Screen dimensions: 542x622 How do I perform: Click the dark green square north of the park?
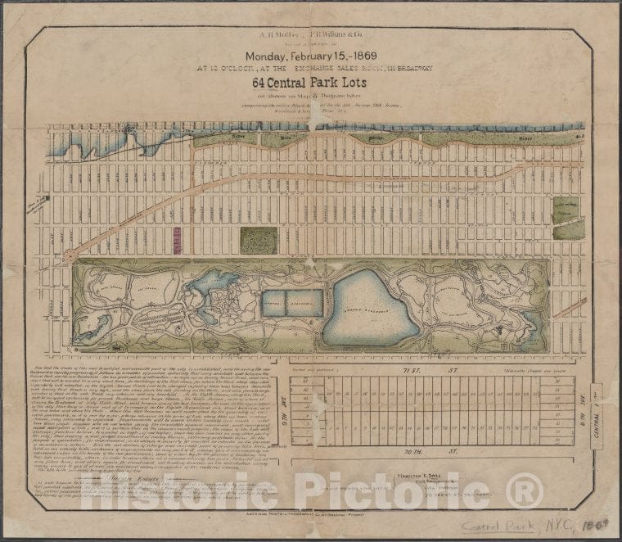tap(259, 241)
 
